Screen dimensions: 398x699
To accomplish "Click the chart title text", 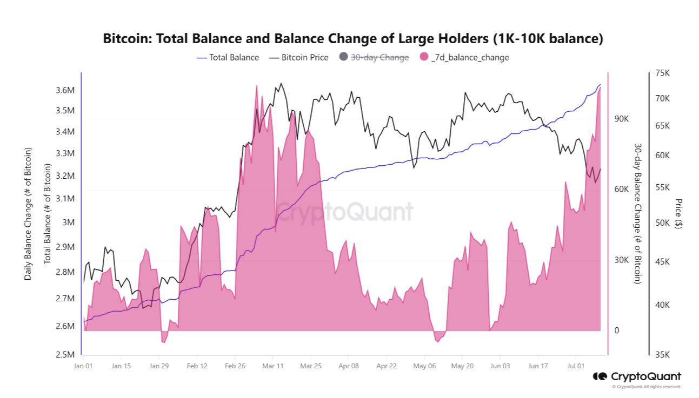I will click(352, 39).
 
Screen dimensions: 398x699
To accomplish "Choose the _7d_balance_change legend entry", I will click(469, 57).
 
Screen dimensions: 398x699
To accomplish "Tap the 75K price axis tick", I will click(662, 73).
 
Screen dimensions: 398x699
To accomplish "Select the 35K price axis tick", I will click(662, 354).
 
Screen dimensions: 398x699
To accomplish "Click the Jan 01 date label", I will click(83, 366).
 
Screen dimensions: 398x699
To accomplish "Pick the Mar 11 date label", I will click(272, 366).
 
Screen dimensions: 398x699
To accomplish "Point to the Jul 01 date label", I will click(575, 366).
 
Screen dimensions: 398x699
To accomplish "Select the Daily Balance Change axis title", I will click(28, 213).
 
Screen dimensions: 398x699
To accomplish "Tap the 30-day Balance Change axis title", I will click(638, 213).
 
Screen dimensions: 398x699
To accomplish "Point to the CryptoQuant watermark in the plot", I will click(344, 211).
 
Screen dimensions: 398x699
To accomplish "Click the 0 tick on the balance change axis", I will click(617, 330).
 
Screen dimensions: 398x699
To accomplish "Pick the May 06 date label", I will click(424, 366).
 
